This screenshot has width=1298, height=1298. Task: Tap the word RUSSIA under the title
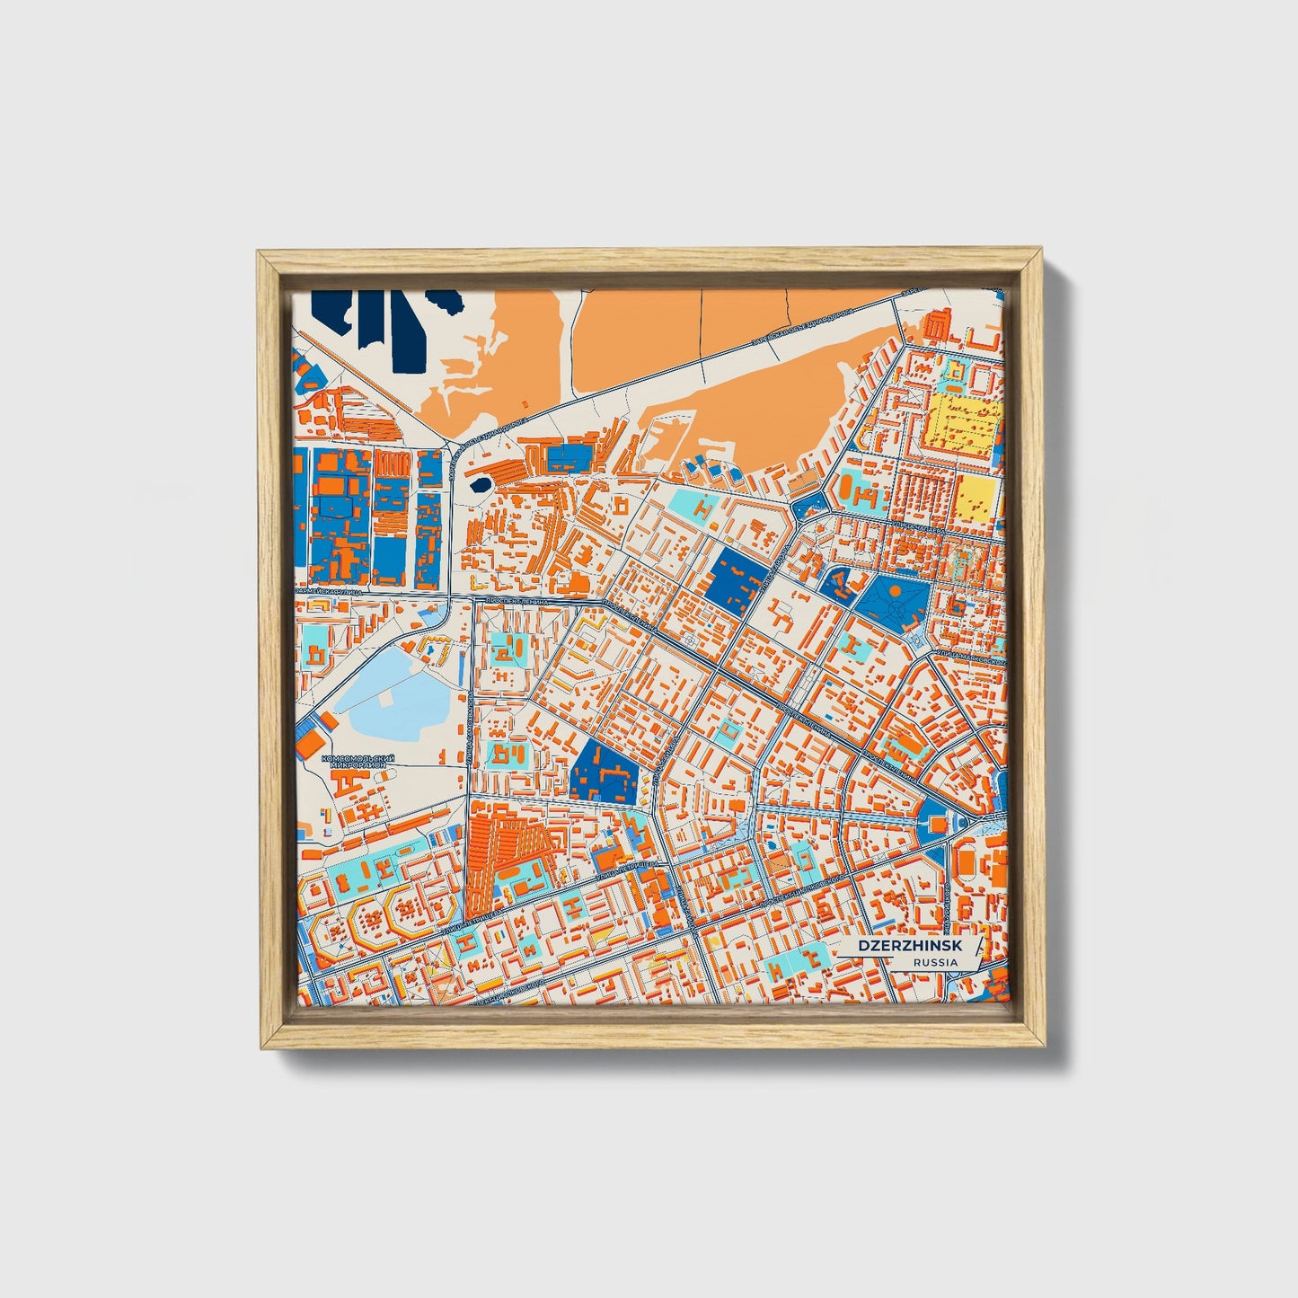pyautogui.click(x=934, y=962)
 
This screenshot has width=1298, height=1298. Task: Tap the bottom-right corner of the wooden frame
pyautogui.click(x=1047, y=1048)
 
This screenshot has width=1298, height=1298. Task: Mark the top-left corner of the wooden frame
pyautogui.click(x=257, y=252)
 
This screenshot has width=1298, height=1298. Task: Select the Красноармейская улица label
pyautogui.click(x=331, y=592)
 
